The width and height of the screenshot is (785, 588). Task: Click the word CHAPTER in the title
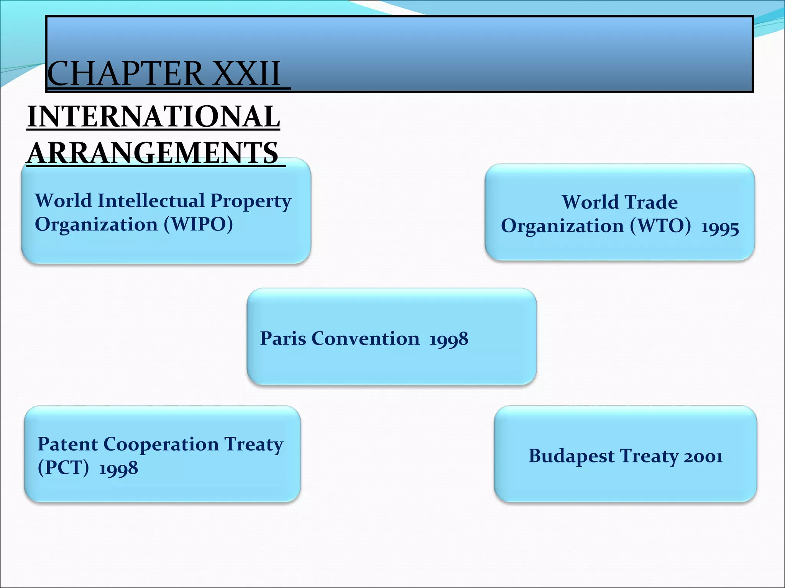click(x=125, y=73)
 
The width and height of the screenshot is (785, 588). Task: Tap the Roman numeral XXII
click(x=246, y=73)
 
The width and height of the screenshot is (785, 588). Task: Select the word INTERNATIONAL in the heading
click(x=154, y=116)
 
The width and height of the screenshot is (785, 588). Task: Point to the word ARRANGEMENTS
click(x=153, y=153)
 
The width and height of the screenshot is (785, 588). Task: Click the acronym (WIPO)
click(x=199, y=224)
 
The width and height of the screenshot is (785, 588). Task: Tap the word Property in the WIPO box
click(x=251, y=201)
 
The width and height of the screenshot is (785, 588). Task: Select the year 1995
click(x=720, y=228)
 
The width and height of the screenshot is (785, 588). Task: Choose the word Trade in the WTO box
click(x=651, y=202)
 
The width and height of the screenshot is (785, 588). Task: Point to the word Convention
click(x=366, y=338)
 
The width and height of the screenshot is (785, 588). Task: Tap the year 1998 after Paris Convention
click(x=449, y=339)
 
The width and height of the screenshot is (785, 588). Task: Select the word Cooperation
click(x=161, y=445)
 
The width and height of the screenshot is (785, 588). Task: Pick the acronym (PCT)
click(x=63, y=467)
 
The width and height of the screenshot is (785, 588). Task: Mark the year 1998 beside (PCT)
click(x=118, y=468)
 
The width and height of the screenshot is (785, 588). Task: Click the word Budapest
click(x=572, y=456)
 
